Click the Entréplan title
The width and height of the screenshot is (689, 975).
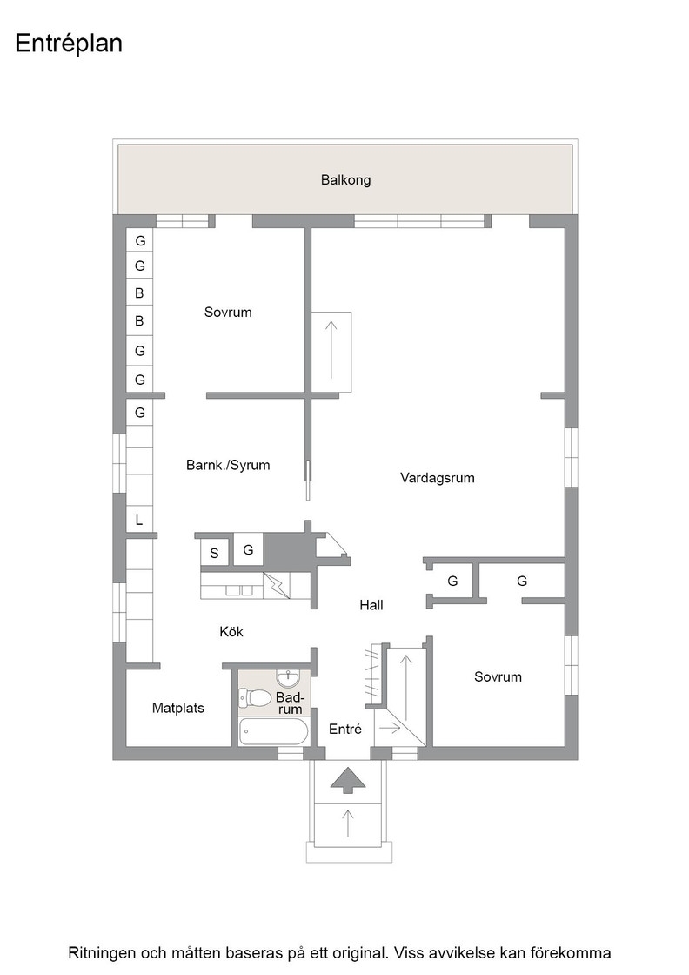pos(69,44)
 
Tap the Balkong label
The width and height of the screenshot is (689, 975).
pos(345,179)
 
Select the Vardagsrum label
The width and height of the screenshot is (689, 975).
pos(437,478)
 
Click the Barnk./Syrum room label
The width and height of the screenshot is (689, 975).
pos(228,465)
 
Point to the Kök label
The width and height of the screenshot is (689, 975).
pos(231,631)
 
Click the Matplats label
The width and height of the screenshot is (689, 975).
pos(177,708)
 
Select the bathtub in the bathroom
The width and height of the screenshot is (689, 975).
pos(273,731)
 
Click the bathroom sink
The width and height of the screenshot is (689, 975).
pos(288,676)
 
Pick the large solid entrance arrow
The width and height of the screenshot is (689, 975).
pos(348,780)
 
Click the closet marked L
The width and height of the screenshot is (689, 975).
pos(139,520)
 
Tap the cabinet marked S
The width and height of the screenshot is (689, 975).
pos(214,553)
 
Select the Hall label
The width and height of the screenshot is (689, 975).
pos(371,604)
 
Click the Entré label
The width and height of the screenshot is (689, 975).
pos(344,729)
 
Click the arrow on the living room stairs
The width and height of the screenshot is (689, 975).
pos(331,349)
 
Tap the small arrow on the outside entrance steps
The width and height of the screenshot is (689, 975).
pos(348,823)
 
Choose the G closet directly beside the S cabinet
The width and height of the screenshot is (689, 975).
pos(248,549)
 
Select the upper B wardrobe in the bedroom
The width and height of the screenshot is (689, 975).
pos(139,292)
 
